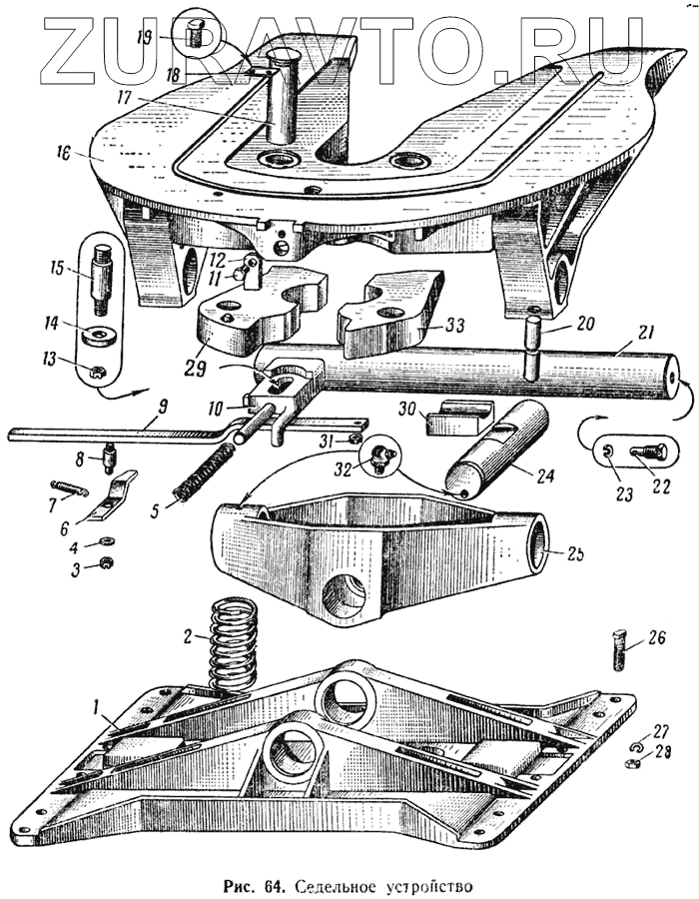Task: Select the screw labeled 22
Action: coord(645,450)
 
